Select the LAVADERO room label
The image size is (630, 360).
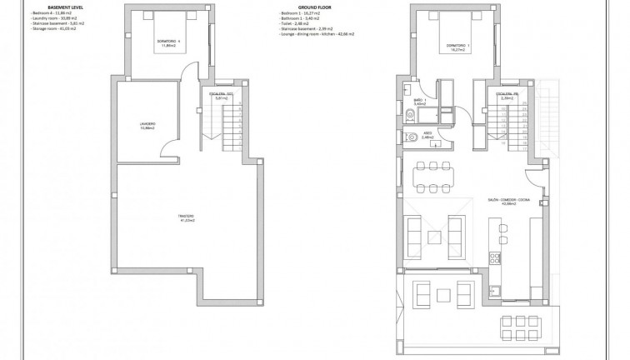click(x=147, y=127)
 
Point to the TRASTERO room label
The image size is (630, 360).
click(x=185, y=220)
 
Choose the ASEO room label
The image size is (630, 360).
click(x=425, y=134)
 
